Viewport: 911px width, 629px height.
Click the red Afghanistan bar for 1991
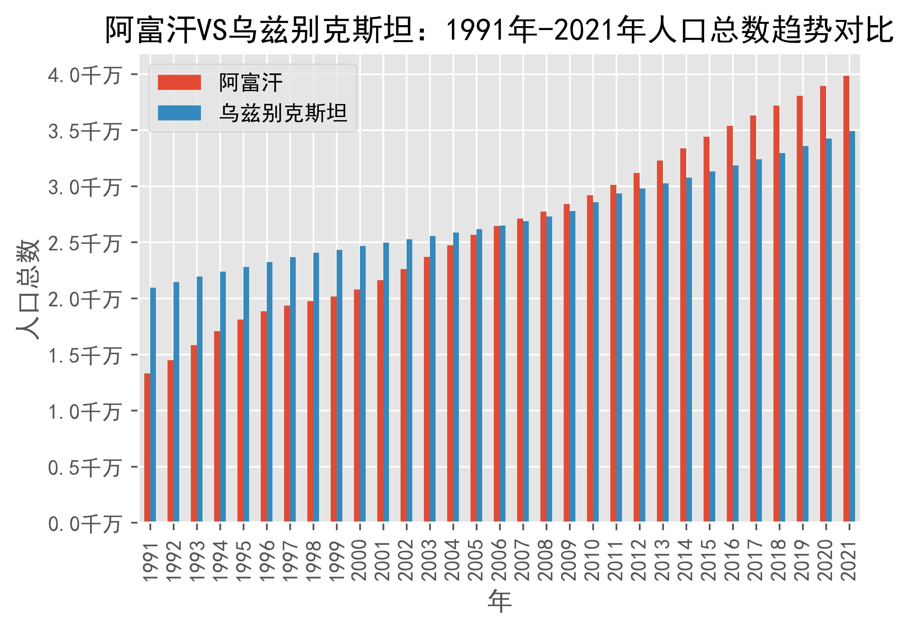point(147,447)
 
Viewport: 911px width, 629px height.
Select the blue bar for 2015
point(712,346)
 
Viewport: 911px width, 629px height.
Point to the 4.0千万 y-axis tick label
point(84,75)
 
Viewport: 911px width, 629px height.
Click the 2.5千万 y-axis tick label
point(84,243)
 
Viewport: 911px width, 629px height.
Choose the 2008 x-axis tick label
point(546,560)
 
